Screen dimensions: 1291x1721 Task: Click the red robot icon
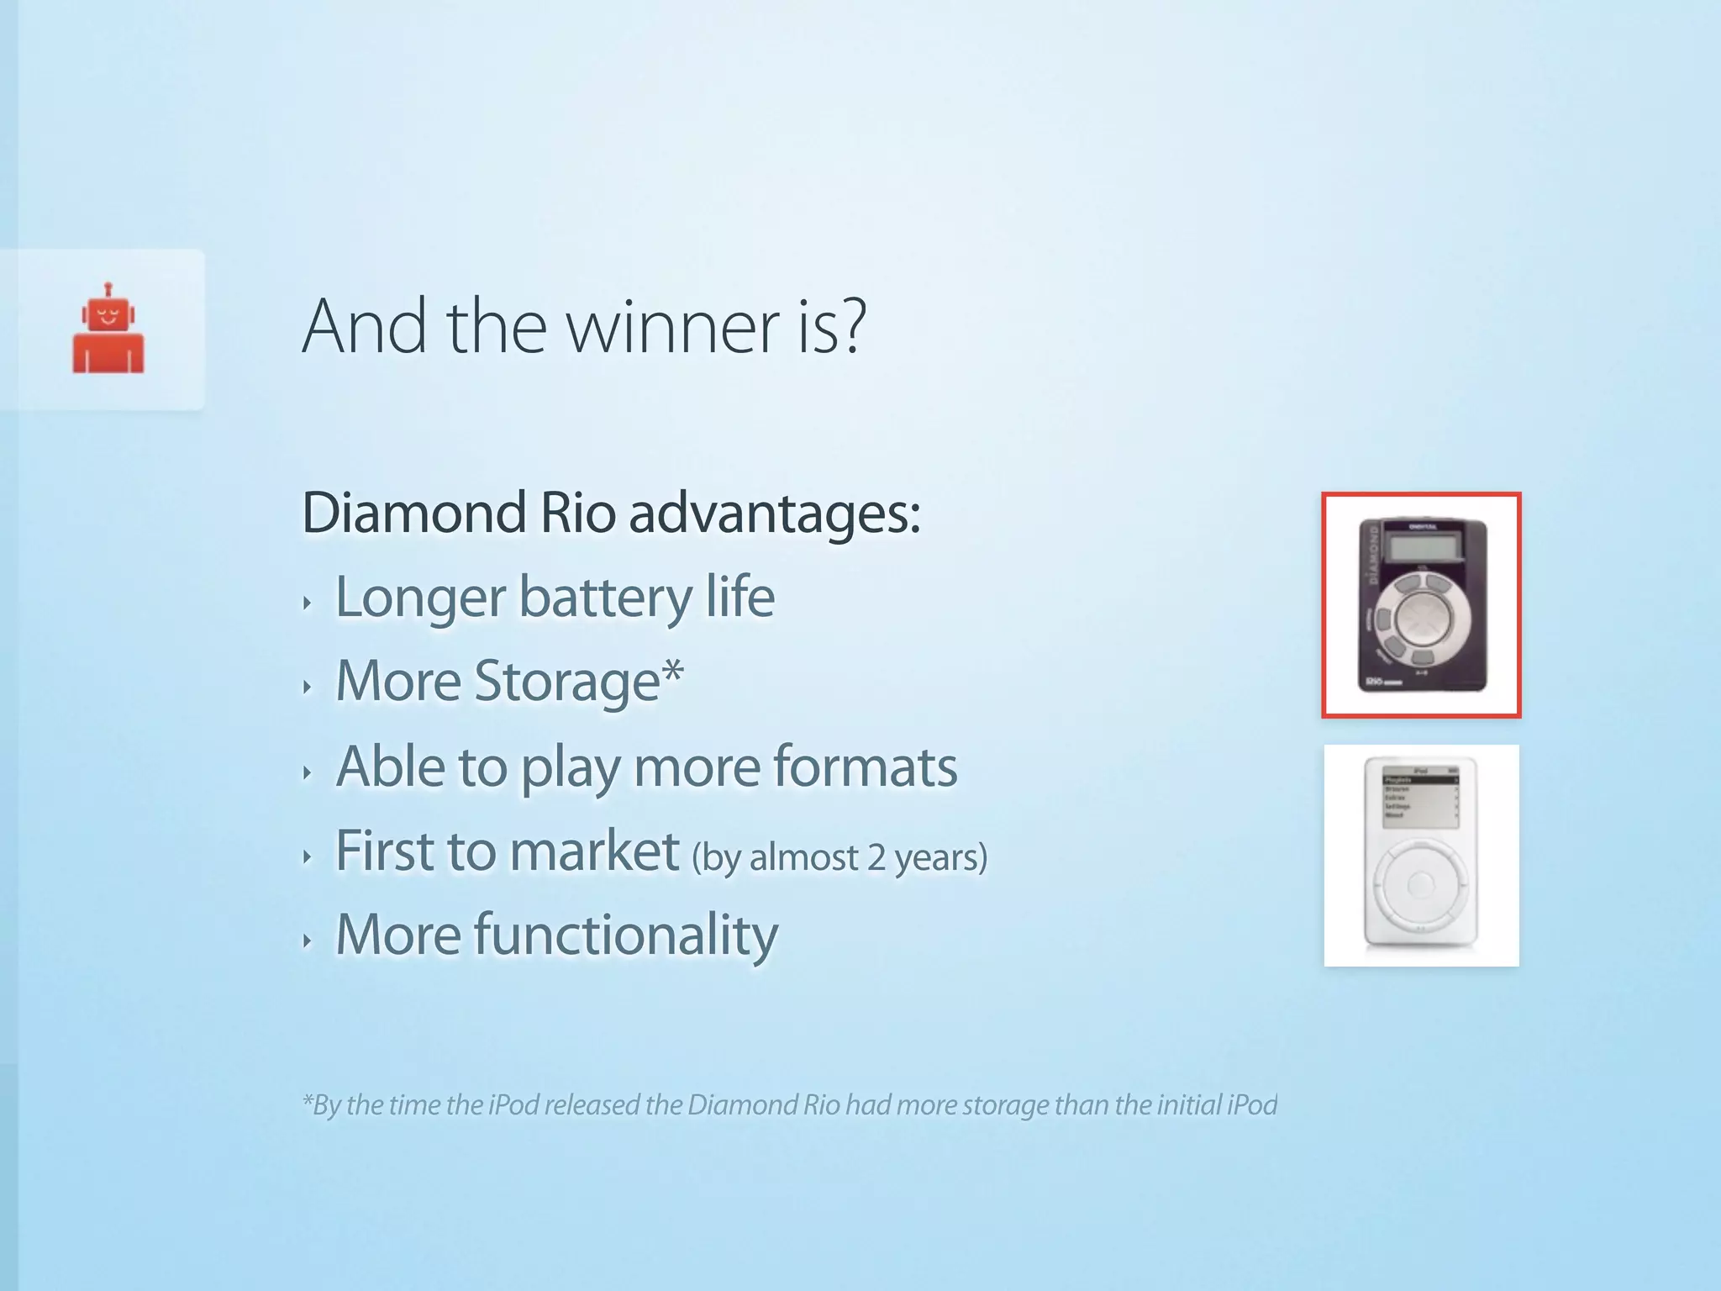pos(108,329)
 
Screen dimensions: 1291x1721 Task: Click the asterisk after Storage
pos(672,672)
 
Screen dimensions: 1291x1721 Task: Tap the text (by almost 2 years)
pos(839,857)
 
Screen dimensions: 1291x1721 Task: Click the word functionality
pos(625,935)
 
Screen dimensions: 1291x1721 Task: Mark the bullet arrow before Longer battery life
pos(308,603)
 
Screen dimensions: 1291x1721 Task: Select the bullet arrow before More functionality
pos(308,941)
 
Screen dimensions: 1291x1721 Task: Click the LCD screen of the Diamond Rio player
pos(1422,549)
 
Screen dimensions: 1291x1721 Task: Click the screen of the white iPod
pos(1420,797)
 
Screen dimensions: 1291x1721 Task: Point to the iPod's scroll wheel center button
pos(1421,883)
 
